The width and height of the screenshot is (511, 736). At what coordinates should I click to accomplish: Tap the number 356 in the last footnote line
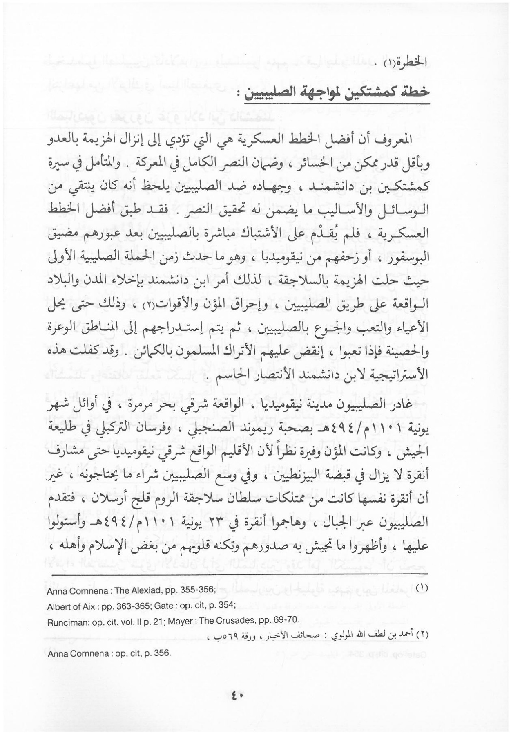[x=159, y=653]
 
